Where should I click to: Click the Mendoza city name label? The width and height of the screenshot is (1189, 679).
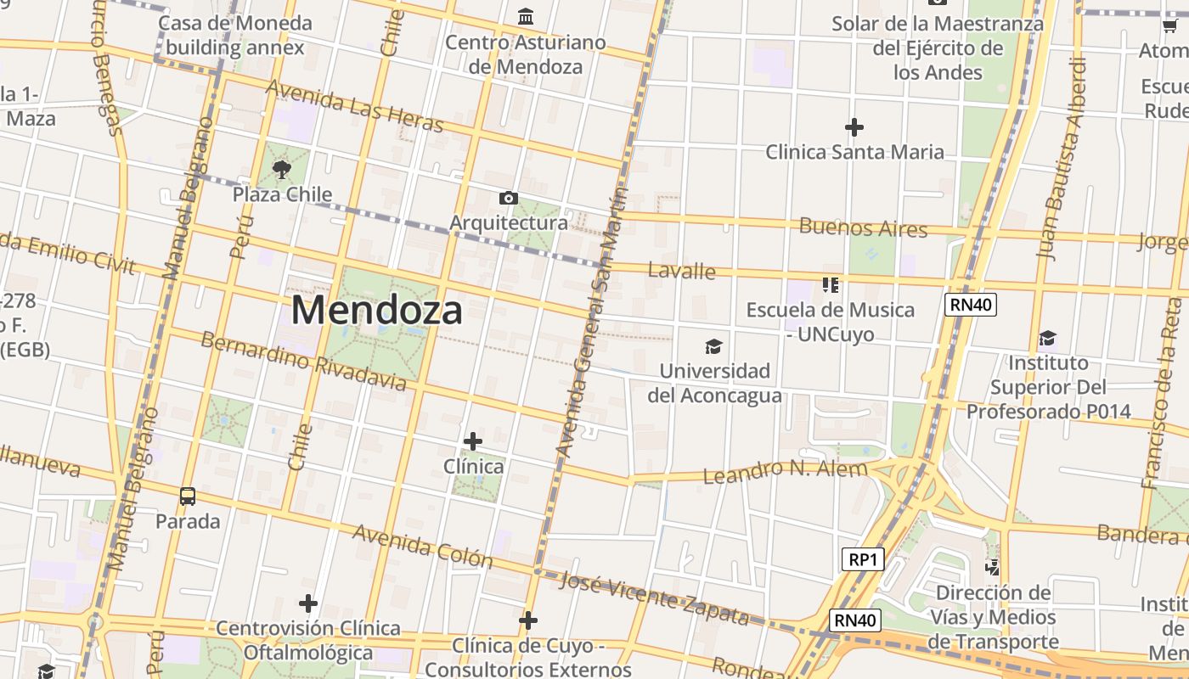pos(377,311)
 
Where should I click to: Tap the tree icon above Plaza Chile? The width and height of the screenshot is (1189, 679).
pos(282,171)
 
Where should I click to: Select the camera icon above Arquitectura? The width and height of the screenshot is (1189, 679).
pos(508,198)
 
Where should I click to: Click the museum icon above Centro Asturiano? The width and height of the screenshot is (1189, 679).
pos(526,17)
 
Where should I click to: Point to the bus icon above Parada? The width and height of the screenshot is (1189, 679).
pos(188,496)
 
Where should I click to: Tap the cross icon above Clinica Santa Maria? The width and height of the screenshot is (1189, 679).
pos(854,127)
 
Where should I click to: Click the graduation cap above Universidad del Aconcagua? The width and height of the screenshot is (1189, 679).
pos(713,346)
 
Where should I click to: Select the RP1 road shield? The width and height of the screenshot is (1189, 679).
pos(863,559)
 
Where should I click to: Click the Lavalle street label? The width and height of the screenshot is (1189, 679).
pos(681,272)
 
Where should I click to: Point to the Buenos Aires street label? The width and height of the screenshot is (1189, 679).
pos(863,227)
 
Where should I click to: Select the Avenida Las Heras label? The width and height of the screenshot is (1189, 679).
pos(355,107)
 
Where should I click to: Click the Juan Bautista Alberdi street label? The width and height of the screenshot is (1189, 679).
pos(1062,157)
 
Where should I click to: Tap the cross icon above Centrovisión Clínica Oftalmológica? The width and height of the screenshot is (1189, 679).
pos(308,603)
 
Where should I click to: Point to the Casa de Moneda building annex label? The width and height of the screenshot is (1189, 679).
pos(234,35)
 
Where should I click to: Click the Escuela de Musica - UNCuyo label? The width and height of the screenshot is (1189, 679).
pos(830,322)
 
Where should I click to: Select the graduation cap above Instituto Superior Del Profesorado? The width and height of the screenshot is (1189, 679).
pos(1047,339)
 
